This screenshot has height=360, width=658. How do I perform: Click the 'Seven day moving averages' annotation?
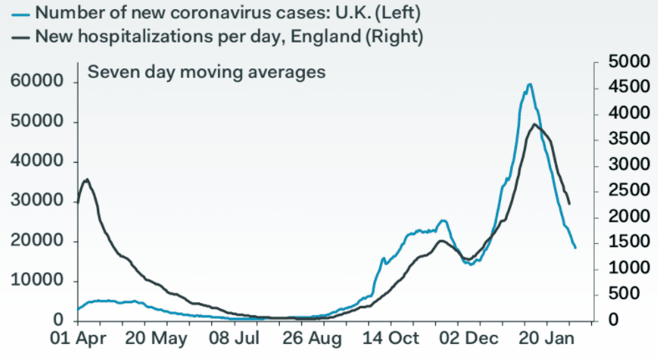(206, 72)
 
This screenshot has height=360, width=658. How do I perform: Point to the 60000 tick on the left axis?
(37, 82)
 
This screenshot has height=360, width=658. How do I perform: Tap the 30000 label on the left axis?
(37, 201)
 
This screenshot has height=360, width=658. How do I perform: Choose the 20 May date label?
(158, 339)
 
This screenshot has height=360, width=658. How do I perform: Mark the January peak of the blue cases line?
(529, 84)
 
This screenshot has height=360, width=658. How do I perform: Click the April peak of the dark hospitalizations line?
(87, 180)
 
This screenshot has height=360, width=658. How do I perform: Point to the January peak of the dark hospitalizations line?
(534, 124)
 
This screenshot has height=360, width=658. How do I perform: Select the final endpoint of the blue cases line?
(574, 247)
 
